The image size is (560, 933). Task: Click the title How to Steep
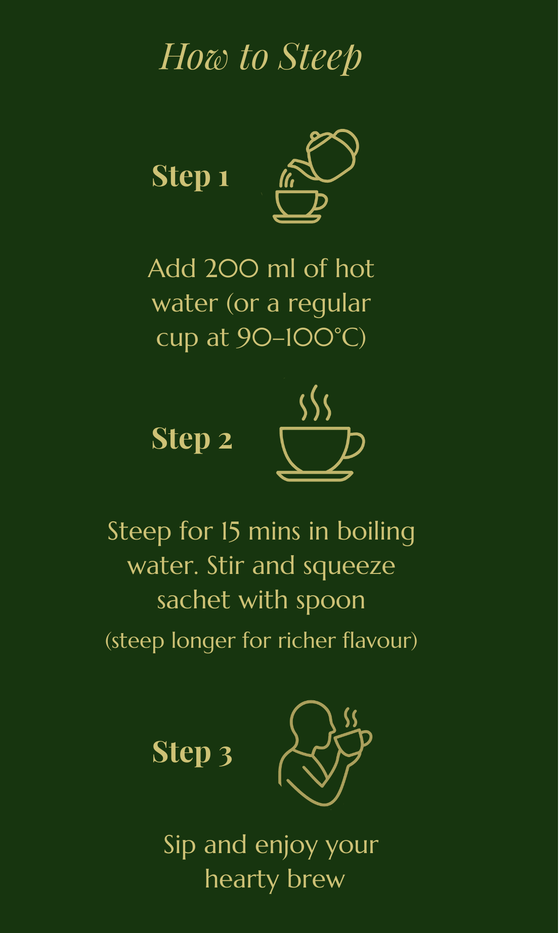click(261, 57)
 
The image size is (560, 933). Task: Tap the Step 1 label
click(190, 176)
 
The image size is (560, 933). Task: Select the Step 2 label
click(192, 439)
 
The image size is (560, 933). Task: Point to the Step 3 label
click(192, 752)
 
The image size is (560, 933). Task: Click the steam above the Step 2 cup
click(315, 403)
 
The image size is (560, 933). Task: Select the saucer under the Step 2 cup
click(315, 476)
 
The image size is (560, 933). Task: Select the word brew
click(316, 879)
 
